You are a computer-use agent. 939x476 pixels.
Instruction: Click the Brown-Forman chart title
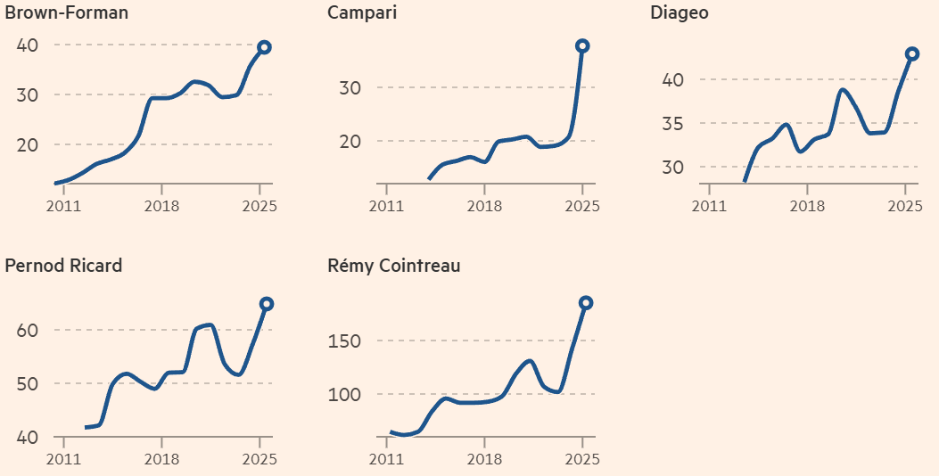pos(67,13)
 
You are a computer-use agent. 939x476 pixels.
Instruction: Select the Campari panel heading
pos(362,13)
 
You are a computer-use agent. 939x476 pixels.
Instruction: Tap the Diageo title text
pos(680,13)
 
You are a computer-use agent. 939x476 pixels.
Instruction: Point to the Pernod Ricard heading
pos(63,266)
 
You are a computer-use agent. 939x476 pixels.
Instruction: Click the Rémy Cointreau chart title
pos(394,266)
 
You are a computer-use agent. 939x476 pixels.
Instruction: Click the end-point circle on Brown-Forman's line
pos(264,47)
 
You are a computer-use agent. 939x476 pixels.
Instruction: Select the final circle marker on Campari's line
pos(582,45)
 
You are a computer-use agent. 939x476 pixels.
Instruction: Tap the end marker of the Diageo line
pos(912,53)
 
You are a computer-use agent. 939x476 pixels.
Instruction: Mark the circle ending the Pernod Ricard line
pos(267,304)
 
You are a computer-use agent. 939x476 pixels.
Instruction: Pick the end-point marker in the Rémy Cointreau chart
pos(586,303)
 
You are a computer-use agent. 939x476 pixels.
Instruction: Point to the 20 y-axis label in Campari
pos(350,141)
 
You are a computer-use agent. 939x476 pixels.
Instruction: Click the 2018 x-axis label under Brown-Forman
pos(161,205)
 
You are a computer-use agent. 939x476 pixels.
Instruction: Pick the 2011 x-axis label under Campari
pos(386,205)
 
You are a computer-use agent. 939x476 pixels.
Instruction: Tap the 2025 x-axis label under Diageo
pos(904,205)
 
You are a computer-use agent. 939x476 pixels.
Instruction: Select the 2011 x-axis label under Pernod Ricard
pos(63,459)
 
